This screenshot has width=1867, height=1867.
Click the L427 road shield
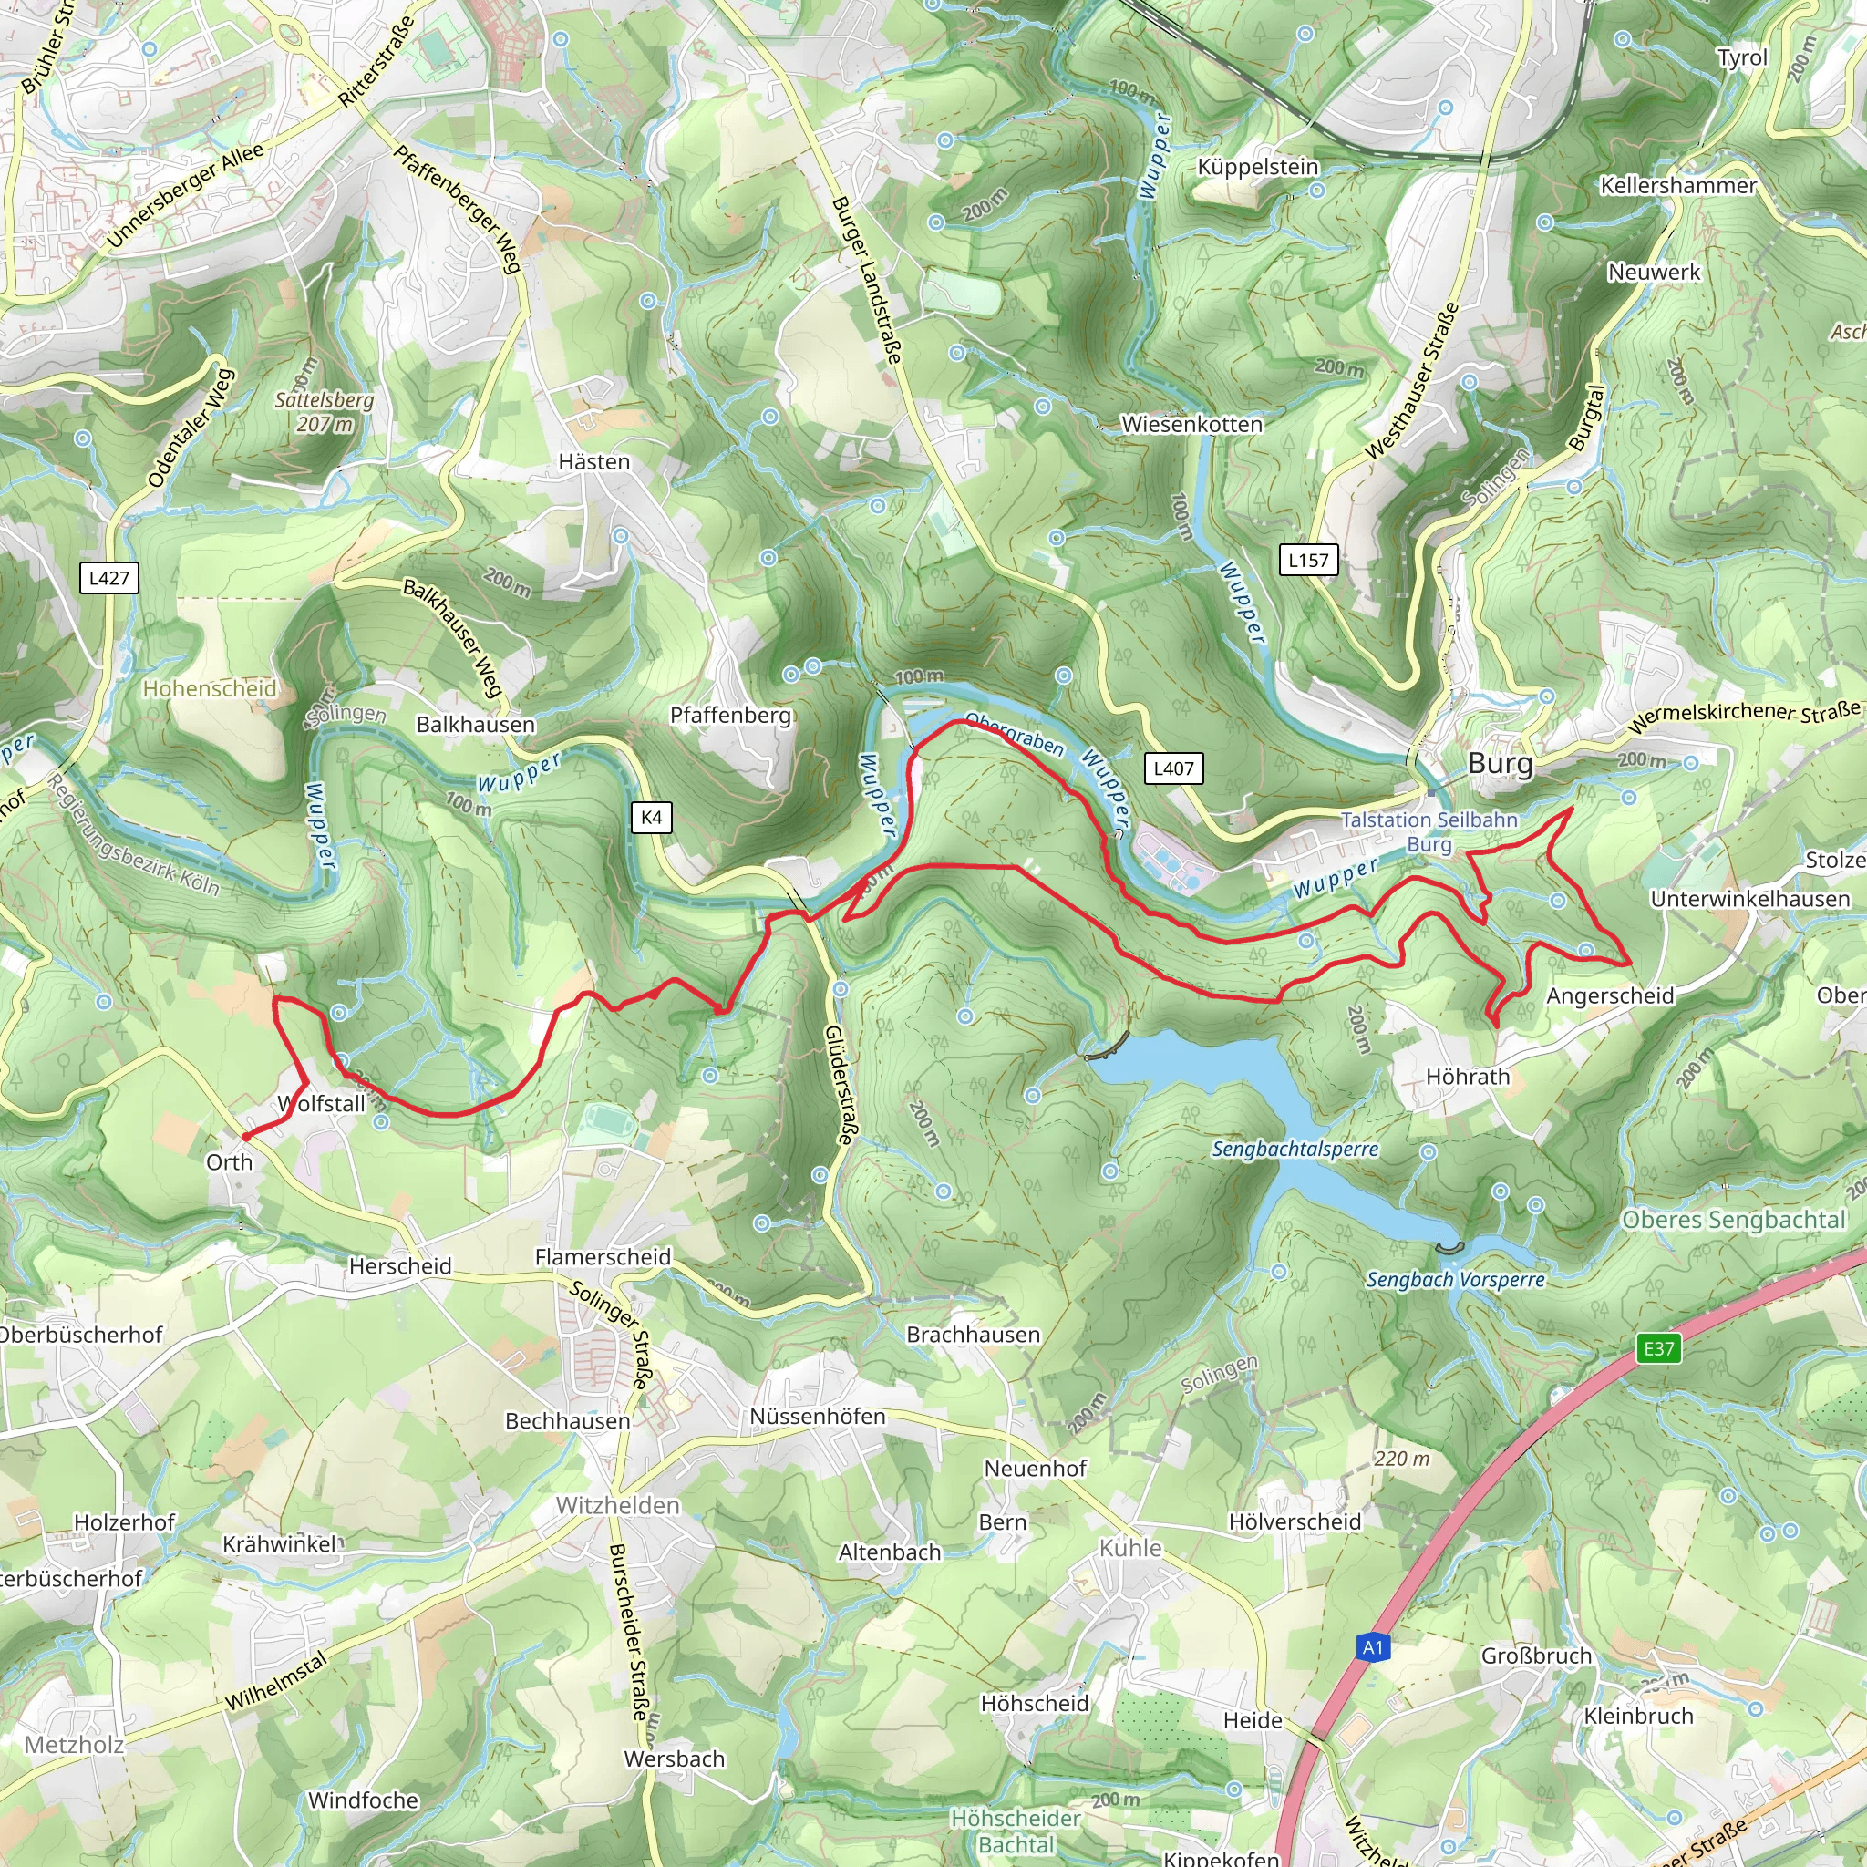tap(108, 578)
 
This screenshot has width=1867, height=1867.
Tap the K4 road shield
tap(651, 817)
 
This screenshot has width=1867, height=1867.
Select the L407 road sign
tap(1173, 768)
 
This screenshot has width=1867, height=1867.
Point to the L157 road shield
tap(1308, 560)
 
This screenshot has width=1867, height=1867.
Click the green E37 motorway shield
tap(1658, 1348)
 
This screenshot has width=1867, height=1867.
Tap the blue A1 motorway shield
tap(1372, 1646)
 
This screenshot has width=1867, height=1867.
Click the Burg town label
tap(1499, 763)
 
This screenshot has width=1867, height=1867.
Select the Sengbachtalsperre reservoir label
tap(1295, 1149)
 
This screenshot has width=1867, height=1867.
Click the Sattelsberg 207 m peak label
tap(324, 412)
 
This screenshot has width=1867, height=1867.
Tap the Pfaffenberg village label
tap(730, 715)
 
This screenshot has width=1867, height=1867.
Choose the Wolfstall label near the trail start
tap(322, 1104)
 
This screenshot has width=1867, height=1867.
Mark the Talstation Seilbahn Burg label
tap(1429, 831)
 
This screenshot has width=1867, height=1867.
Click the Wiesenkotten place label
tap(1191, 424)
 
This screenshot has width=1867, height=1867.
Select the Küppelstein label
tap(1257, 166)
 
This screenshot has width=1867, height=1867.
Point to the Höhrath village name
tap(1467, 1077)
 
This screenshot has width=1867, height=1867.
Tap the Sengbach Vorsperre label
tap(1455, 1279)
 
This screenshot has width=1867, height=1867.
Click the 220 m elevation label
tap(1401, 1459)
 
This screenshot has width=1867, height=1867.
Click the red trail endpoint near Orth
tap(245, 1137)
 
